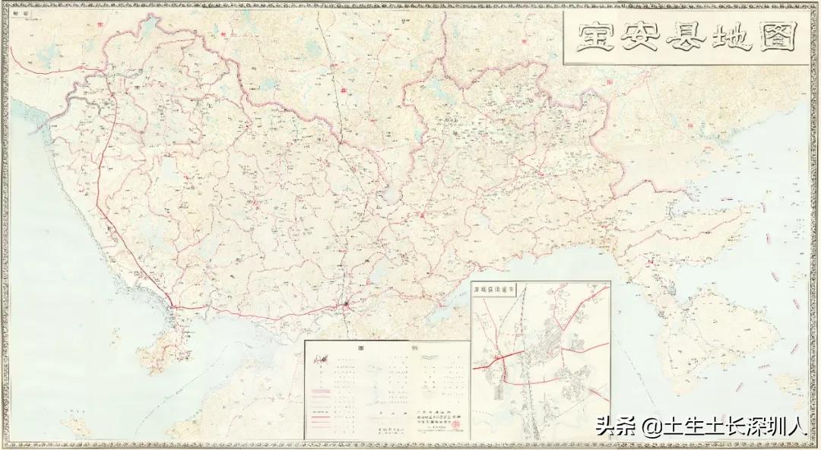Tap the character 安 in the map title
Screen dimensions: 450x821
[x=640, y=36]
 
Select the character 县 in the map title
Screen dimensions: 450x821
[x=685, y=36]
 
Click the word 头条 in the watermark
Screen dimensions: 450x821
[x=612, y=427]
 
